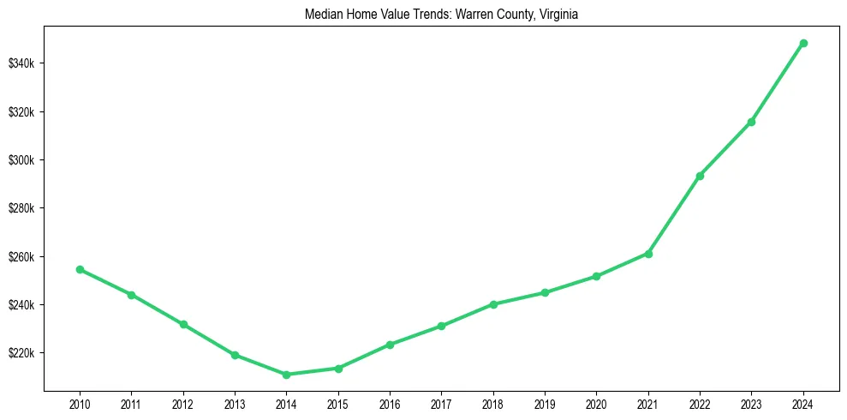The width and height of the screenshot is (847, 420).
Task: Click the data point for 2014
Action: (x=286, y=375)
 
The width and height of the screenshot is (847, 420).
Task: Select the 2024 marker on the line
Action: (x=803, y=43)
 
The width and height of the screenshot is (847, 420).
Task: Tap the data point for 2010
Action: (x=80, y=269)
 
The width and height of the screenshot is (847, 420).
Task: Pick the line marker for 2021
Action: (x=648, y=254)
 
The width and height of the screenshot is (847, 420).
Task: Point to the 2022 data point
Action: (x=700, y=176)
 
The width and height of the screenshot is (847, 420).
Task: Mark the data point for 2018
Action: (x=493, y=304)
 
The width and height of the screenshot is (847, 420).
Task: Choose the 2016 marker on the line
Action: (x=390, y=345)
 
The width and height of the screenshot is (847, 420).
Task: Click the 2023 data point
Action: (x=751, y=122)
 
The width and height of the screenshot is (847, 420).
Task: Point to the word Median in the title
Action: (x=322, y=15)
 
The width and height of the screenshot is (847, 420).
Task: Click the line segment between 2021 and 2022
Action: (x=674, y=215)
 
